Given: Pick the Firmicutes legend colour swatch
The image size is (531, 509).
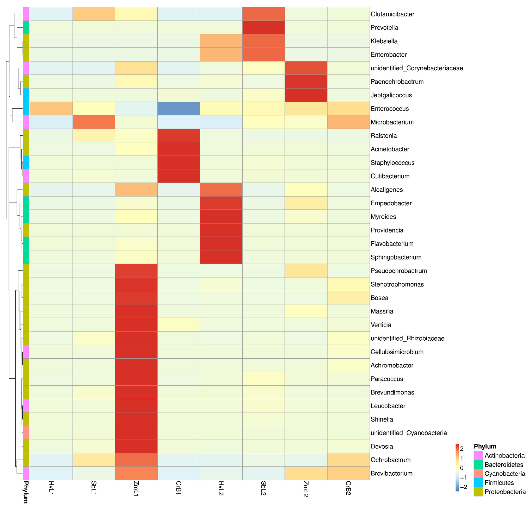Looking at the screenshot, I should (478, 482).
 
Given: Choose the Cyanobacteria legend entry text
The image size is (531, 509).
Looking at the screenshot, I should (504, 473).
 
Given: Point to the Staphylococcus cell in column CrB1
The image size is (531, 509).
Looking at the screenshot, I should (179, 163).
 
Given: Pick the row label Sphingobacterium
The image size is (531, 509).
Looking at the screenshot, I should (396, 257).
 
